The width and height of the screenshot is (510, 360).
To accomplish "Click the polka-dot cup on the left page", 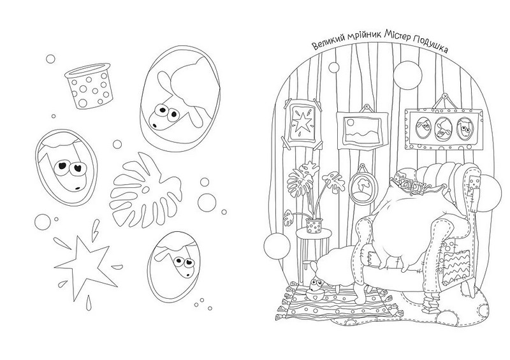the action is pyautogui.click(x=89, y=85).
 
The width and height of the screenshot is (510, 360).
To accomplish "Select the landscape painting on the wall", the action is pyautogui.click(x=361, y=130).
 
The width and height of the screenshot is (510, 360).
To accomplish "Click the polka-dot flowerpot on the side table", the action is pyautogui.click(x=314, y=226).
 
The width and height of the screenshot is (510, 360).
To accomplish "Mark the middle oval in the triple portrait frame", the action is pyautogui.click(x=442, y=128).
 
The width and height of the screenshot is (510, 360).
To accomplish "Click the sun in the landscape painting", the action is pyautogui.click(x=350, y=122).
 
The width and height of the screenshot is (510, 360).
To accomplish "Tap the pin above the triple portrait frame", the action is pyautogui.click(x=444, y=97).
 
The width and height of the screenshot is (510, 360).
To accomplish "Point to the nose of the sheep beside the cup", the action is pyautogui.click(x=154, y=124).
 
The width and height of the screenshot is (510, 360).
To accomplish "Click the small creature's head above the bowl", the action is pyautogui.click(x=315, y=285).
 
